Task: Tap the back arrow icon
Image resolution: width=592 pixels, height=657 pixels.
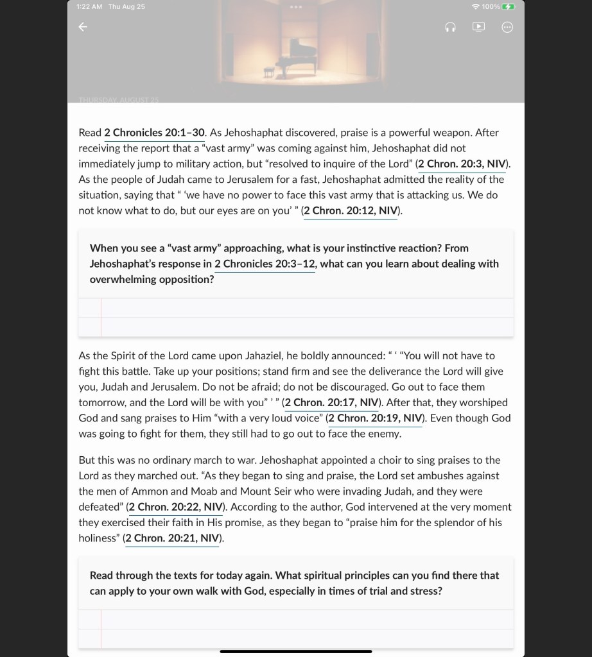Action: (82, 27)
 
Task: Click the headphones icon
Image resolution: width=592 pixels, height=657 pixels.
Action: (450, 27)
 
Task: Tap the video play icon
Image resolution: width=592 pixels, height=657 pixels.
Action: (478, 27)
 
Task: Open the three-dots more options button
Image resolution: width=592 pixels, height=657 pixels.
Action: (507, 27)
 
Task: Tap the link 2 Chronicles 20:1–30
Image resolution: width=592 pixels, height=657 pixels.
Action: (154, 133)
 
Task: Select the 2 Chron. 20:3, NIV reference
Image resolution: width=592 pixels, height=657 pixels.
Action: (462, 164)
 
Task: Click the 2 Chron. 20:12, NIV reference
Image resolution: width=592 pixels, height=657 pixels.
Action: (351, 211)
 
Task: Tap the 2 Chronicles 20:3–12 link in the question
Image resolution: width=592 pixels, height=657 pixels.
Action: (265, 264)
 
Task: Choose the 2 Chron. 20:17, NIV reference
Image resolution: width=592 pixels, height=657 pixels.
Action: (331, 403)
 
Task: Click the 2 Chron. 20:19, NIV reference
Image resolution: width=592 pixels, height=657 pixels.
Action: (375, 418)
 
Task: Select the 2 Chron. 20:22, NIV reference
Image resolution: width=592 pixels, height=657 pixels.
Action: (175, 507)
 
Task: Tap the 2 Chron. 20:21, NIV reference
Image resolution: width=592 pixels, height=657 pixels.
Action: (172, 538)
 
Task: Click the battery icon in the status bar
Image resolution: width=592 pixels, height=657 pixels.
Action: (509, 6)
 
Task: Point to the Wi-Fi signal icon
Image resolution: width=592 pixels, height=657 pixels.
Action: (475, 6)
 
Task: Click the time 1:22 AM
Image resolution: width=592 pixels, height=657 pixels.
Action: (90, 6)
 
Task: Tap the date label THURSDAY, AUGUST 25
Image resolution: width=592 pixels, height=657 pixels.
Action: (118, 100)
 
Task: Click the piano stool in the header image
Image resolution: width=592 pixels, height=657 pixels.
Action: (268, 72)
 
